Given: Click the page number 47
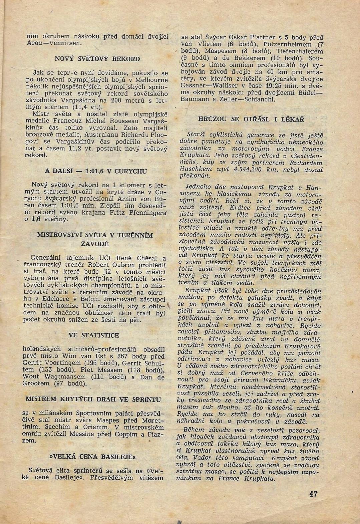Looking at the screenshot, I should pos(313,494).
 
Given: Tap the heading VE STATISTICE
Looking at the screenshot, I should pos(94,335).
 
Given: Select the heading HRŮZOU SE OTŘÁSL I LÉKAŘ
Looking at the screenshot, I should pos(251,119).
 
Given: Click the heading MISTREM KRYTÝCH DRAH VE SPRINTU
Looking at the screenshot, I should pos(93,399).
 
